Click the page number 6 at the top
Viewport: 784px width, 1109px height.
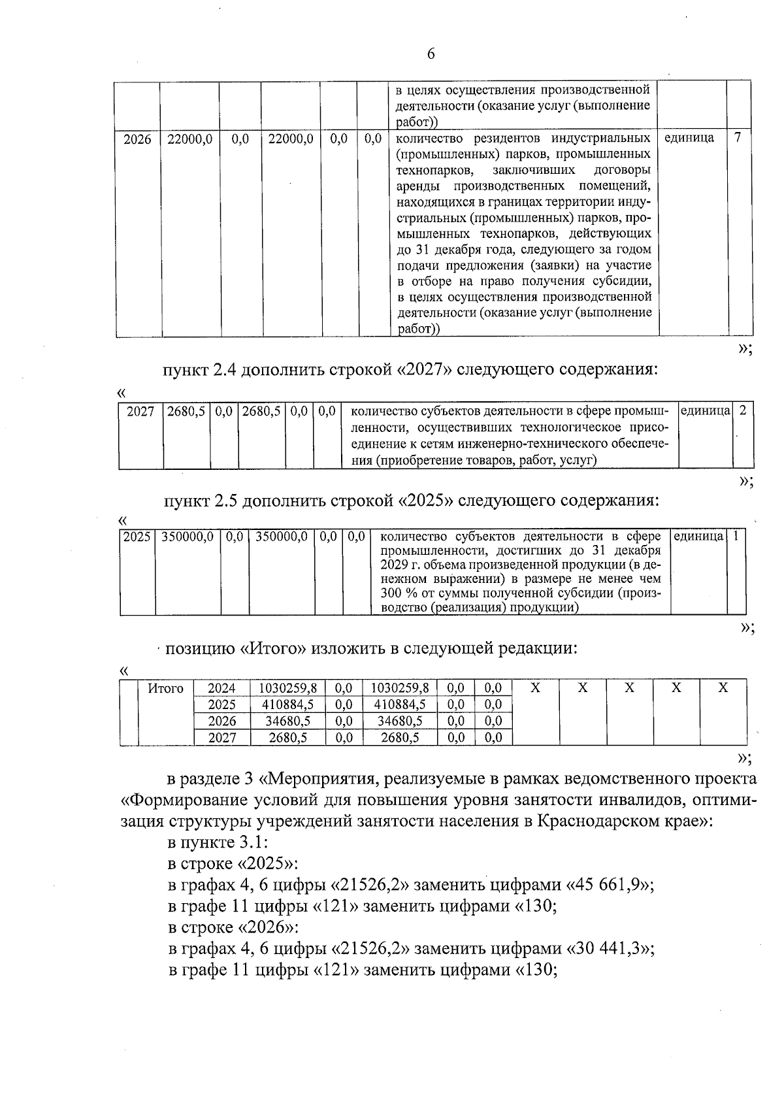click(431, 54)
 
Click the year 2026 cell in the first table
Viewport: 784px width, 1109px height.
click(137, 139)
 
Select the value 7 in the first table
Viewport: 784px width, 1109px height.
click(738, 139)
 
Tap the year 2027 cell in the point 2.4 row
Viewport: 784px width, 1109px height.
click(140, 411)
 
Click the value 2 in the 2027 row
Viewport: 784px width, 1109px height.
click(742, 411)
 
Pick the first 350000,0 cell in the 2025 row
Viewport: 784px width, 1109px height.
click(188, 537)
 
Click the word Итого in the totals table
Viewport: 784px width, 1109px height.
click(165, 688)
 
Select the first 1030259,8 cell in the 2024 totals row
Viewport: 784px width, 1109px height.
click(288, 688)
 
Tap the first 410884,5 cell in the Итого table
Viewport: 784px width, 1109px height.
click(288, 704)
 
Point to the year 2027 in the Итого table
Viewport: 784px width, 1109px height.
click(221, 738)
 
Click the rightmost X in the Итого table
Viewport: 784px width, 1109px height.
click(723, 688)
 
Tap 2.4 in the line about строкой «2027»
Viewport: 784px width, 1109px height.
click(225, 370)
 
